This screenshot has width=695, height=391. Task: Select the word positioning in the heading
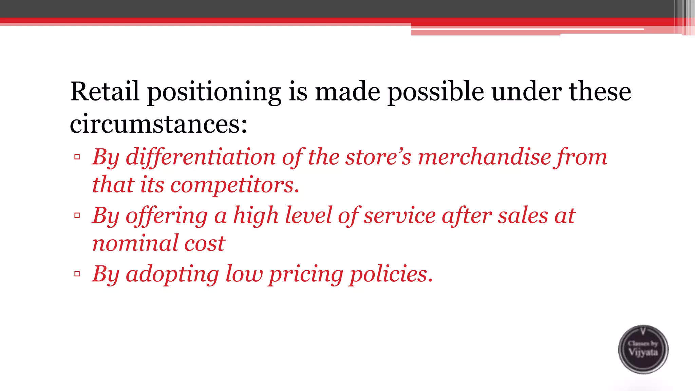point(214,92)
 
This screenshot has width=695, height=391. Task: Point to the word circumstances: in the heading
point(158,124)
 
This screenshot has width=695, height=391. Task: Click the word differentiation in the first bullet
point(201,157)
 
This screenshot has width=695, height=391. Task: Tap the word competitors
point(235,185)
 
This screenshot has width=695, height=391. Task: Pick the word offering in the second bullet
point(167,216)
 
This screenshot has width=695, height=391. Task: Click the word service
point(400,216)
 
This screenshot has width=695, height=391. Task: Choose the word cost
point(205,244)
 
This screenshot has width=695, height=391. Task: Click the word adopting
point(172,275)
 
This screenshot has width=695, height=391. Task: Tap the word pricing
point(306,275)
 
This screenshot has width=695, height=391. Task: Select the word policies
point(391,274)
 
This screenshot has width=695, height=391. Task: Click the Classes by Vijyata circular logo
point(643,349)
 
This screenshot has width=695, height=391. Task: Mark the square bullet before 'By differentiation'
point(77,157)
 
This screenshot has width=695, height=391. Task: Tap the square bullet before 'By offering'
point(77,215)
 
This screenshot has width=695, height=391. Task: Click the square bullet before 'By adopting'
point(77,274)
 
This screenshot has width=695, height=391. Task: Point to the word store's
point(378,157)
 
